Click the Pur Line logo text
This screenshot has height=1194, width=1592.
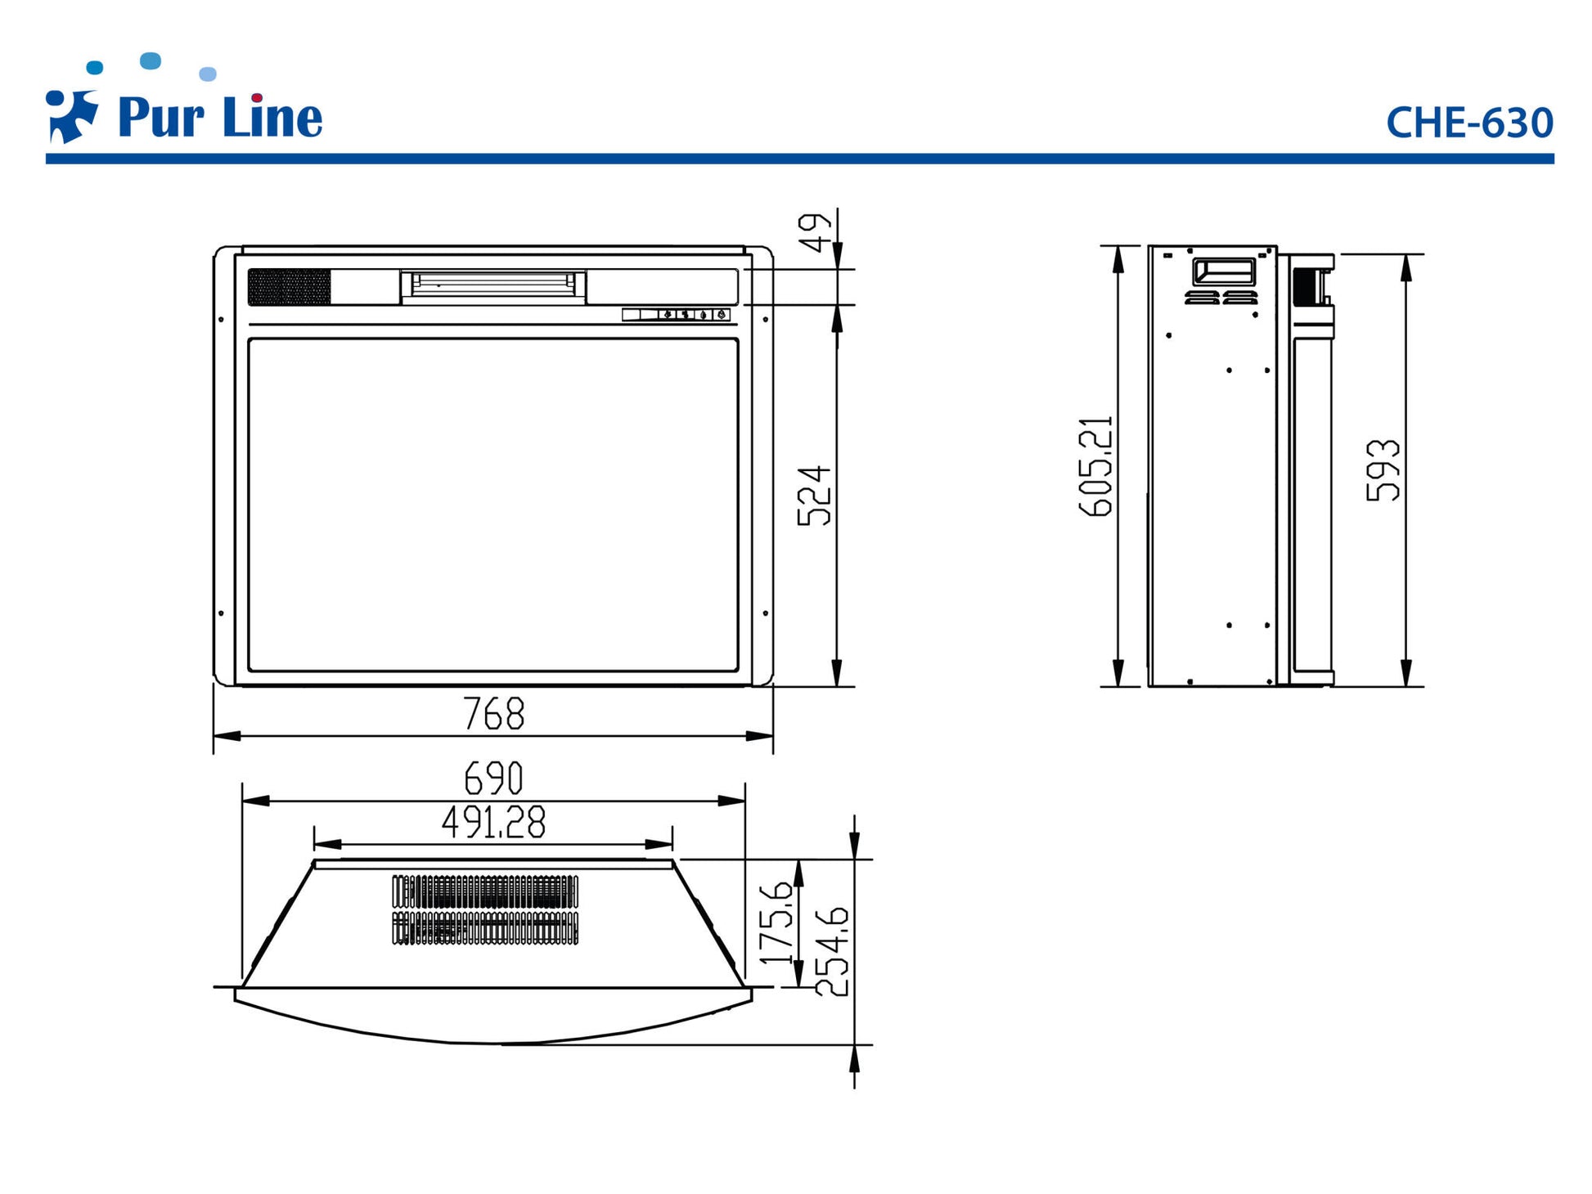pos(220,118)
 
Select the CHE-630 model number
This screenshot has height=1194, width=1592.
pos(1469,123)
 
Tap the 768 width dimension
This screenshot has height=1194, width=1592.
pos(493,713)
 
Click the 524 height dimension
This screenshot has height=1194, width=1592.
pos(814,496)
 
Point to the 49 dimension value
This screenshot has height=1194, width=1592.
pos(814,233)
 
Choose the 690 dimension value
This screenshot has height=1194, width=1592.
pos(493,778)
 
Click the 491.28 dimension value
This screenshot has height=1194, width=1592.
pos(493,822)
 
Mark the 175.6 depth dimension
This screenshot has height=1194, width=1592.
pos(777,922)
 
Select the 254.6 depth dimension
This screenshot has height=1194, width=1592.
pos(833,952)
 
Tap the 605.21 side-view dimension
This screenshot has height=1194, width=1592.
pos(1096,466)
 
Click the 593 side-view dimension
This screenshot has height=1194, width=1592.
pos(1383,470)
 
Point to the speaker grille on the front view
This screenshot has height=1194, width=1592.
pos(290,287)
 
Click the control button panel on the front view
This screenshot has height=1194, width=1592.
pos(676,314)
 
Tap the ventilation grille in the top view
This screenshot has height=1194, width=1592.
pos(485,909)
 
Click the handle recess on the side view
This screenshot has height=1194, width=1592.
pos(1224,272)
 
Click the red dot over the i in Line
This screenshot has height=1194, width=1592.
pos(257,98)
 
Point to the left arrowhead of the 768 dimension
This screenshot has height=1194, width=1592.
pos(227,736)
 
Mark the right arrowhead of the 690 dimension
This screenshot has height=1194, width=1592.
pos(731,801)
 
